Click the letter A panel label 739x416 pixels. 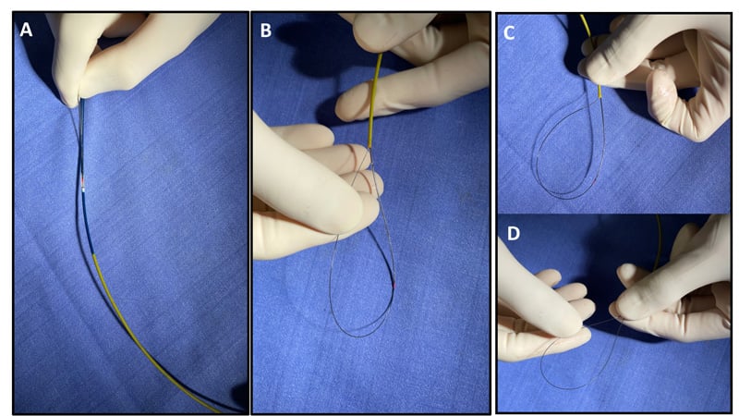pos(26,30)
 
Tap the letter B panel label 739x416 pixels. pos(266,31)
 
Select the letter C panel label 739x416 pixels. pos(509,33)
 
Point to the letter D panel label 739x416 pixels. pos(513,233)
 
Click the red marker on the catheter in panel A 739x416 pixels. pos(83,181)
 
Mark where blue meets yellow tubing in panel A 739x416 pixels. pos(94,255)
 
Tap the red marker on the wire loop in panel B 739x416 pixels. pos(394,286)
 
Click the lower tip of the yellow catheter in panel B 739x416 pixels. pos(370,147)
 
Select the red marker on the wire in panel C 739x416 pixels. pos(596,180)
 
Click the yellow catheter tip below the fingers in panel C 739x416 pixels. pos(600,95)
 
